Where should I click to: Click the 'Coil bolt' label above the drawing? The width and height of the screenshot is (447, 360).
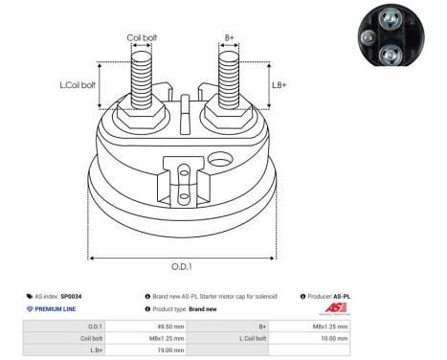coord(143,38)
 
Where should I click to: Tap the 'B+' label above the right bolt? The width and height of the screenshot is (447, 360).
coord(229,38)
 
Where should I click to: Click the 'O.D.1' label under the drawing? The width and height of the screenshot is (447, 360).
coord(182,266)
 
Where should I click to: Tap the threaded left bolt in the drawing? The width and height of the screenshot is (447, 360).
coord(142,77)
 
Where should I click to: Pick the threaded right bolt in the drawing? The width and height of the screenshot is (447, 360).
coord(229,77)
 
